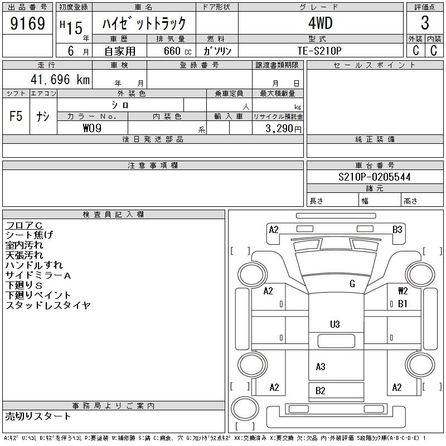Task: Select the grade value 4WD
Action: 320,23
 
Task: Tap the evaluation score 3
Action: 425,23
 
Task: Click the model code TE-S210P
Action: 320,50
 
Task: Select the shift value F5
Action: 16,117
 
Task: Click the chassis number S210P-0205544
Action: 375,177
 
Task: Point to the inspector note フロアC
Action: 24,225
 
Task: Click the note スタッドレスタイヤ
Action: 48,306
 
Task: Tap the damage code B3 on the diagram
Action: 397,229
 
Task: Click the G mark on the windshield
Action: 352,284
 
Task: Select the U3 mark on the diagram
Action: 334,324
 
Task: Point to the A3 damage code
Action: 321,367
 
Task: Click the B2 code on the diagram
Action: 321,391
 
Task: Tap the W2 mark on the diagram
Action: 403,291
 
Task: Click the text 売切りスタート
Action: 38,416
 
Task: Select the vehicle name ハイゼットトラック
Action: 143,23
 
